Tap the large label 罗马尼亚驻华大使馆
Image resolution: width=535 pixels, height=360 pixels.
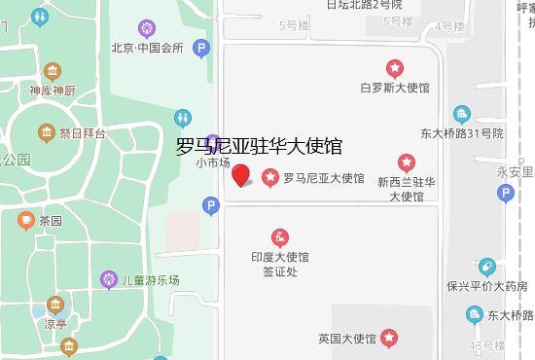click(259, 147)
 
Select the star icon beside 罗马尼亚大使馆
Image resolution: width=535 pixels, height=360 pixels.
click(270, 178)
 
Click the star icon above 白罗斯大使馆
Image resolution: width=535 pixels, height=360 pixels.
click(395, 68)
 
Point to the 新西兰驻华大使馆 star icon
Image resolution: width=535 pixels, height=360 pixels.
click(407, 162)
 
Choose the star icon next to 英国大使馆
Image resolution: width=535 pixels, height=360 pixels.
click(389, 339)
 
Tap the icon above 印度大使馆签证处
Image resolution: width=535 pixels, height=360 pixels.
click(280, 236)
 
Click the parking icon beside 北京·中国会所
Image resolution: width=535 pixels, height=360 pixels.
click(201, 47)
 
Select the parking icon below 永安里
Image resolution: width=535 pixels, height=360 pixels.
click(504, 193)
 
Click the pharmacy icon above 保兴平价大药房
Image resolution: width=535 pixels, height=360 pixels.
click(486, 267)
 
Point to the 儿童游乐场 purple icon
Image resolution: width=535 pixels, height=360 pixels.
click(109, 280)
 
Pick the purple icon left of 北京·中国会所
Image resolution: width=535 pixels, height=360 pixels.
click(147, 28)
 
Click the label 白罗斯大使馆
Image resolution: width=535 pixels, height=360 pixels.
click(395, 88)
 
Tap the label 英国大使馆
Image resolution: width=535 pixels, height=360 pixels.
click(346, 339)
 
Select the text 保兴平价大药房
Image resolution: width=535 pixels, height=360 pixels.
click(486, 286)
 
